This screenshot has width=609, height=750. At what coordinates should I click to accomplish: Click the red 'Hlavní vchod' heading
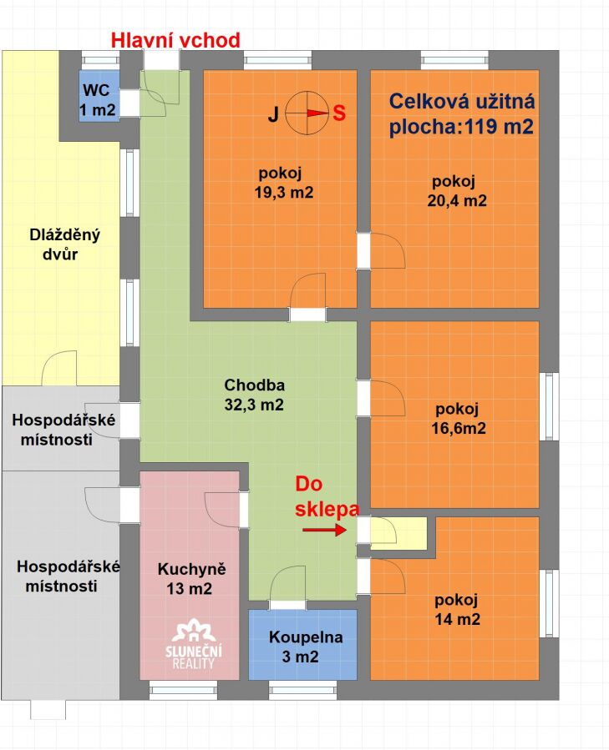pos(175,40)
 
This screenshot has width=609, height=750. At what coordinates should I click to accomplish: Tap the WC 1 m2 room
pos(99,96)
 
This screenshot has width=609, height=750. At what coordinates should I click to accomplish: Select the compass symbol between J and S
pos(307,113)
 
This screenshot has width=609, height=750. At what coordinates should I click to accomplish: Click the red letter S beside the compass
pos(339,113)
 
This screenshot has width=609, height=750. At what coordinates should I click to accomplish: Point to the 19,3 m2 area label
pos(284,192)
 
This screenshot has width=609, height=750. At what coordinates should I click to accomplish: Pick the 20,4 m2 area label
pos(457,200)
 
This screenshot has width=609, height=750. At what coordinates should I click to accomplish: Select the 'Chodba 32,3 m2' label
pos(254,395)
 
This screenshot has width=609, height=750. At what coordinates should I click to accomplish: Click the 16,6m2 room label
pos(459,428)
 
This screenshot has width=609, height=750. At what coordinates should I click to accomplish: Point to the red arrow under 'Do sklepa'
pos(324,530)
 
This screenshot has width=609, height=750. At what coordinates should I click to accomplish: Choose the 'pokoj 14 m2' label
pos(457,609)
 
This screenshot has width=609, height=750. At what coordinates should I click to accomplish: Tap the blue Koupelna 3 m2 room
pos(302,644)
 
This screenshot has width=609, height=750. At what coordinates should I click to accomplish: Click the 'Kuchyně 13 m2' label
pos(190,579)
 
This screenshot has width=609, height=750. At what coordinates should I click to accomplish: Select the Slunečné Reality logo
pos(194,644)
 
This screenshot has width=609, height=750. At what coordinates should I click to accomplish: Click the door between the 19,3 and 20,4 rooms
pos(382,250)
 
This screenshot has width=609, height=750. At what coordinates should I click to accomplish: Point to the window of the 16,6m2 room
pos(549,406)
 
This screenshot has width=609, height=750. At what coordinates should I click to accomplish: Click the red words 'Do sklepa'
pos(327,496)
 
